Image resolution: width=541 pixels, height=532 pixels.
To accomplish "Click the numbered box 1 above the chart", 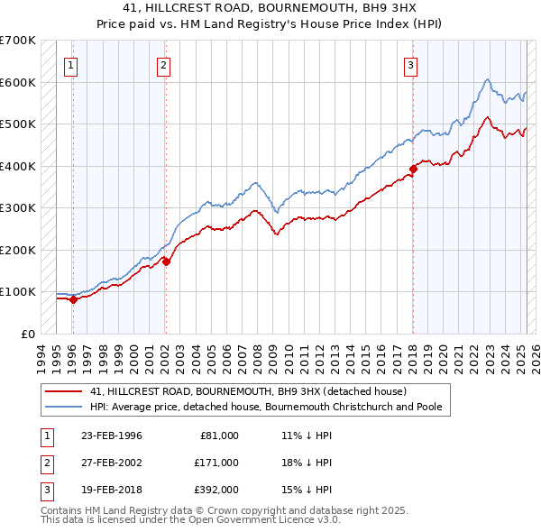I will click(70, 64).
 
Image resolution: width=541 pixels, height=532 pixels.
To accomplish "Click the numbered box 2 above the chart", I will click(163, 64).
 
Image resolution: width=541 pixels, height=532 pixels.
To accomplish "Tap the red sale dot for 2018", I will click(413, 169).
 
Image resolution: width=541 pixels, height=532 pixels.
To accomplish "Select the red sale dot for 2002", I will click(166, 261).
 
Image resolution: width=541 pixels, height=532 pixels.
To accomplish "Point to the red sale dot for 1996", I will click(73, 300).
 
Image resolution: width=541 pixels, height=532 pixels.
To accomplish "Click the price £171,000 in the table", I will click(216, 463).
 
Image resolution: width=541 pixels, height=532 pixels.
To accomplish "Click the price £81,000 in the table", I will click(219, 436).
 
